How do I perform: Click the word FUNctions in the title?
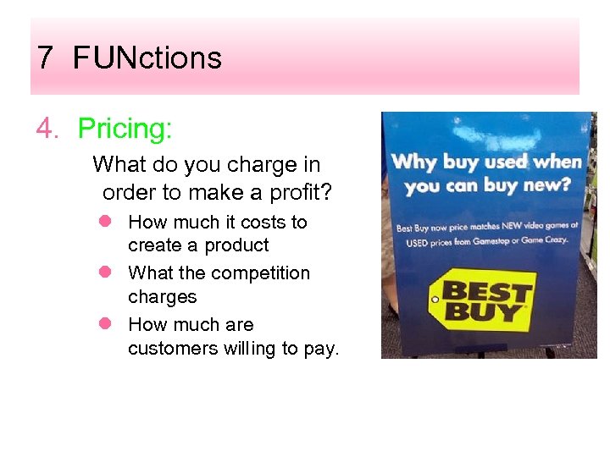(147, 58)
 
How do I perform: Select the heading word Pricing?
(125, 129)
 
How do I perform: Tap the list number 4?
(47, 129)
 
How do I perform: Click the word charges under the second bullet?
(162, 297)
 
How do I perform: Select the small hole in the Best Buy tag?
(435, 300)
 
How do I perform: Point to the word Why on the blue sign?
(409, 162)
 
